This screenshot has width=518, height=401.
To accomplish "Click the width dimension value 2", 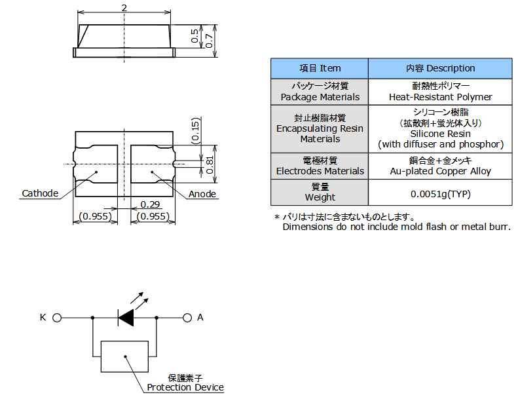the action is [x=124, y=8].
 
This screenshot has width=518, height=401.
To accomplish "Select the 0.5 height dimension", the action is [x=195, y=36].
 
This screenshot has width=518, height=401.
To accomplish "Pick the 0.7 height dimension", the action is [x=209, y=41].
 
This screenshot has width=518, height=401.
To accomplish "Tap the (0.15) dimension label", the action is [x=196, y=130].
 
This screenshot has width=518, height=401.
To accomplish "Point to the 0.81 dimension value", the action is [x=210, y=165].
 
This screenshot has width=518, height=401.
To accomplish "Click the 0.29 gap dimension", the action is [x=150, y=204].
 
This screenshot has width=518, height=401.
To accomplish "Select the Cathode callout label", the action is [x=40, y=193].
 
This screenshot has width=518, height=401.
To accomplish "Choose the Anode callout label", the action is [x=202, y=194].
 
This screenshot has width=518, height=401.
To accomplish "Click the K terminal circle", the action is [x=57, y=318].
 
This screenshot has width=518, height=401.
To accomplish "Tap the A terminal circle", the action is [x=187, y=318].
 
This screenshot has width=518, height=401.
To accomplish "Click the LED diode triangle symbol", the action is [x=126, y=318].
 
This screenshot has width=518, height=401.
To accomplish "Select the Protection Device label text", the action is [x=185, y=387].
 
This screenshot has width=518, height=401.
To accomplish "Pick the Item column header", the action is [x=320, y=68].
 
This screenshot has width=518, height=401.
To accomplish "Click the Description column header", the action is [x=440, y=68].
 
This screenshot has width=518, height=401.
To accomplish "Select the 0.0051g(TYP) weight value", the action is [x=440, y=194].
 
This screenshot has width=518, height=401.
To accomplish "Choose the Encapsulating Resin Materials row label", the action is [x=320, y=128].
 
